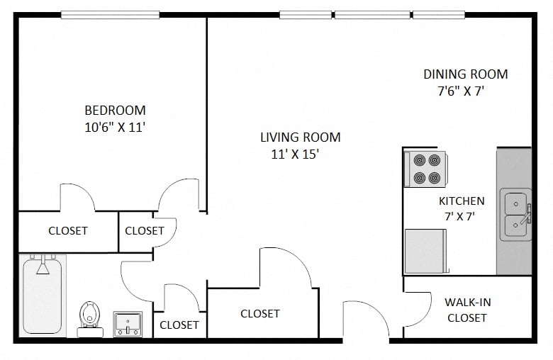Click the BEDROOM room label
115,111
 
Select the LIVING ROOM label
300,137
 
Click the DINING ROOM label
465,74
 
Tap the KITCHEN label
462,201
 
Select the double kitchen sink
515,214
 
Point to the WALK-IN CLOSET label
467,310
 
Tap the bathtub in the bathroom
43,296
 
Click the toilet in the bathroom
89,315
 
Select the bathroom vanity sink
128,324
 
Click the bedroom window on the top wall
110,14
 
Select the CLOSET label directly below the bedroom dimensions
68,231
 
